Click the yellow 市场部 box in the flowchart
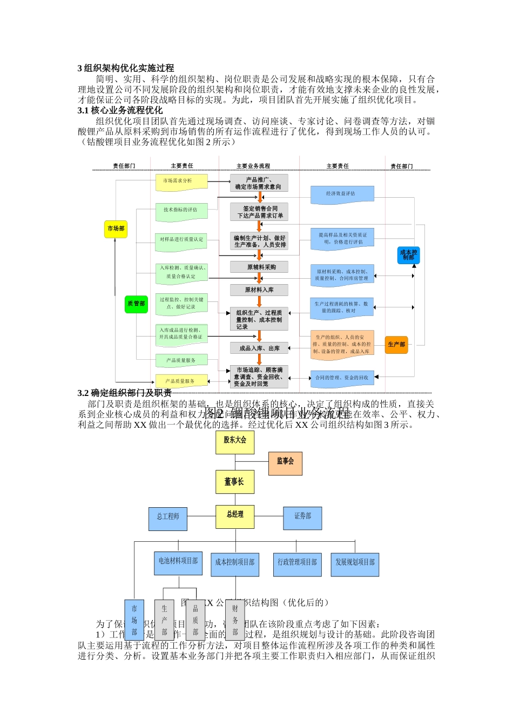tap(116, 229)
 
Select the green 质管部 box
tap(136, 304)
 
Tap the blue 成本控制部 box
tap(408, 255)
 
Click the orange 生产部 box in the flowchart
tap(396, 345)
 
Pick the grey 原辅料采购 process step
tap(259, 267)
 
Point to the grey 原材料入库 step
tap(259, 290)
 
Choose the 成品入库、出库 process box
tap(259, 348)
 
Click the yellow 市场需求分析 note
tap(181, 182)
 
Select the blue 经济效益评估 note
tap(342, 194)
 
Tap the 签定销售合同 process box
tap(259, 212)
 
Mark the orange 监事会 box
tap(285, 463)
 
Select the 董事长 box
tap(234, 482)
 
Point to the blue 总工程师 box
tap(168, 518)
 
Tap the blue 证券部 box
tap(302, 518)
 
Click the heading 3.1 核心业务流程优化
tap(120, 110)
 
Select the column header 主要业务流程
tap(253, 166)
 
